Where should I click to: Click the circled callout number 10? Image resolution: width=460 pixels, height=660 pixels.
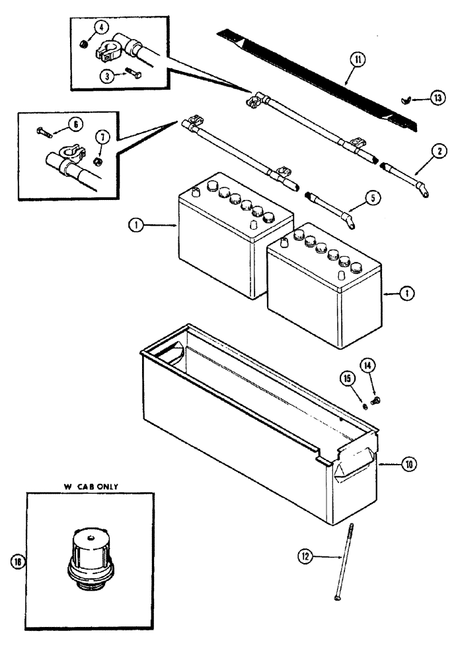coord(408,465)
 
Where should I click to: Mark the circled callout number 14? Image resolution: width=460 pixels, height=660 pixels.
coord(367,364)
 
